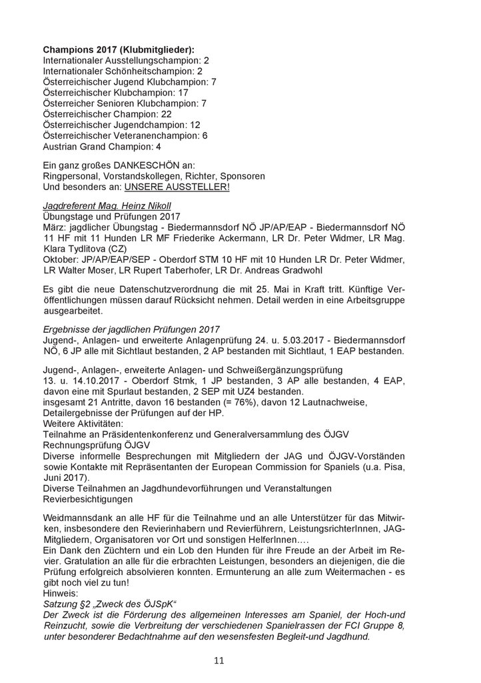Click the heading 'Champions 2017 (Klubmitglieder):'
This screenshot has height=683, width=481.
click(x=119, y=50)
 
